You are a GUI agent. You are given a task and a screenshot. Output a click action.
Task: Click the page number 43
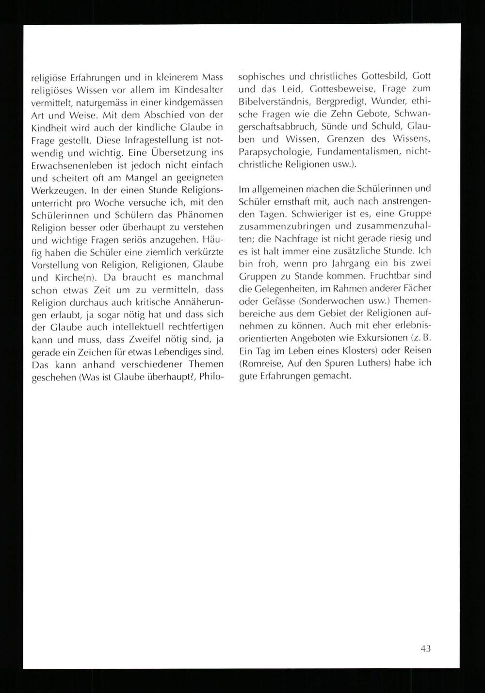click(x=425, y=648)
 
